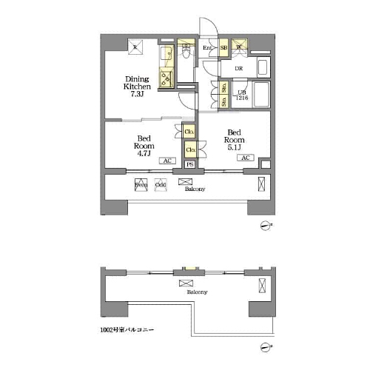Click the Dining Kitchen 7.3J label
point(137,86)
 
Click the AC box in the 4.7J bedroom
point(167,161)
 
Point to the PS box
point(190,164)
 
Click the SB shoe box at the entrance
point(223,50)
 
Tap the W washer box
point(240,50)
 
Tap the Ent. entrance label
point(208,50)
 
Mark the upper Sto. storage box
point(223,87)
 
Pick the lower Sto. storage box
point(223,103)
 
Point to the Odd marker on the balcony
point(161,185)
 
